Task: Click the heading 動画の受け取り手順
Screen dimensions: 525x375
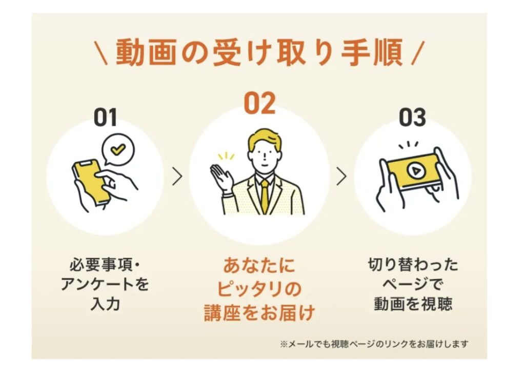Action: click(259, 53)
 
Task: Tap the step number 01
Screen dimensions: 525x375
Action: click(105, 117)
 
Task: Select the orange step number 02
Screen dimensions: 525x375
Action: click(259, 103)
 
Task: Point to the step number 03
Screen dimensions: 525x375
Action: click(412, 117)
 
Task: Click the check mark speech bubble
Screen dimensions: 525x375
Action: click(117, 149)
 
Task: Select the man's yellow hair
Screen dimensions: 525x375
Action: click(265, 138)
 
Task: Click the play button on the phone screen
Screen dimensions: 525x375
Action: click(416, 171)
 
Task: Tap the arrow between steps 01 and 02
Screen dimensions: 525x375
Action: click(177, 176)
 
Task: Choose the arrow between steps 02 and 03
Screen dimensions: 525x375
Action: click(341, 176)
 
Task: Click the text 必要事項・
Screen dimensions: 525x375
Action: click(105, 265)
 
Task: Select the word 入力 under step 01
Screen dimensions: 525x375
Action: click(105, 304)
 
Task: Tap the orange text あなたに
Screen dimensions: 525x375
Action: click(259, 265)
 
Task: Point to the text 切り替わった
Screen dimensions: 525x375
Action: click(413, 265)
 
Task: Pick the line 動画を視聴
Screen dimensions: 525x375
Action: click(413, 304)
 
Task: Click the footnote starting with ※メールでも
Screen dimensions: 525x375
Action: click(374, 344)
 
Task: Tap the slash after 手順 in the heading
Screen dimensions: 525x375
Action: click(418, 53)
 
